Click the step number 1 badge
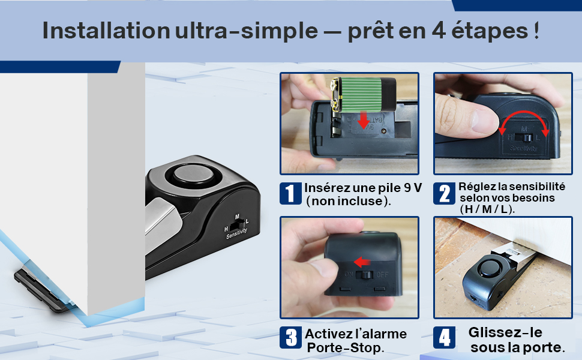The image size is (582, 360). pyautogui.click(x=290, y=193)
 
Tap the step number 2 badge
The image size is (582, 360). pyautogui.click(x=444, y=193)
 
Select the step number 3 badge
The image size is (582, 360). pyautogui.click(x=290, y=337)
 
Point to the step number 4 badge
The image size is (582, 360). pyautogui.click(x=444, y=337)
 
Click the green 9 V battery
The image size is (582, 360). pyautogui.click(x=363, y=94)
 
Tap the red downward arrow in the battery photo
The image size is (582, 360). pyautogui.click(x=364, y=119)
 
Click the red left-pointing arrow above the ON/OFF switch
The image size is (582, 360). pyautogui.click(x=362, y=262)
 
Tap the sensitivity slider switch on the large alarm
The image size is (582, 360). pyautogui.click(x=238, y=224)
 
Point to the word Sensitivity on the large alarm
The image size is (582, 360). pyautogui.click(x=237, y=233)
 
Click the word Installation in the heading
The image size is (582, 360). pyautogui.click(x=106, y=31)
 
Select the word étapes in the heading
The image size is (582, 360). pyautogui.click(x=490, y=31)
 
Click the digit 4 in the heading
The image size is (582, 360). pyautogui.click(x=439, y=31)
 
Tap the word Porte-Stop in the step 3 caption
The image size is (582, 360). pyautogui.click(x=346, y=348)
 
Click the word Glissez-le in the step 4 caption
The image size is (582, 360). pyautogui.click(x=505, y=332)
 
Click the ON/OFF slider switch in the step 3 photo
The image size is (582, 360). pyautogui.click(x=364, y=275)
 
